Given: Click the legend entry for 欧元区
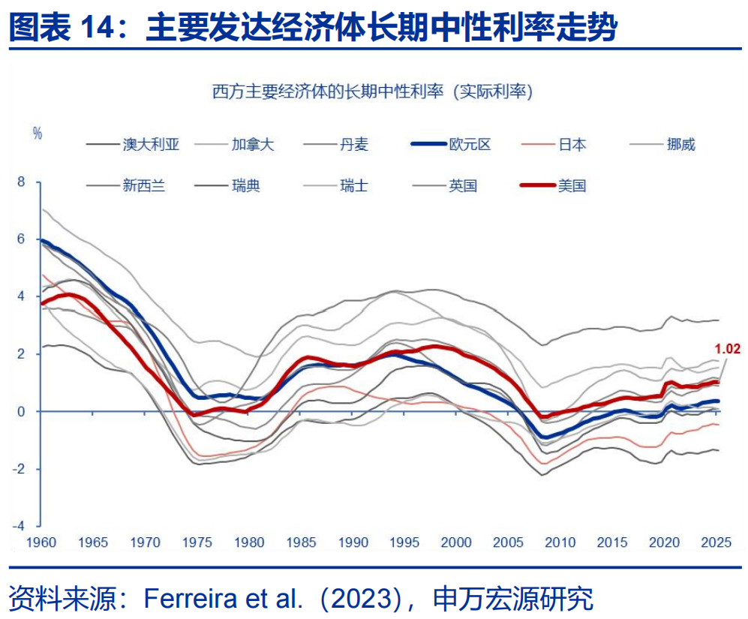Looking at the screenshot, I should (469, 145).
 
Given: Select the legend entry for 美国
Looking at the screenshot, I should (571, 185).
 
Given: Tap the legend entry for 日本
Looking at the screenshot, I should (572, 145).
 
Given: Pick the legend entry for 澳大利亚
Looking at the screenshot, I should (151, 145).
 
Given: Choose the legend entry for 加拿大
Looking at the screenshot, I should (253, 145).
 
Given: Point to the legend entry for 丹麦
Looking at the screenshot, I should (354, 145).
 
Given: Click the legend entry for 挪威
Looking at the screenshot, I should (680, 145).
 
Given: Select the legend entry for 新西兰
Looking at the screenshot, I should (143, 185).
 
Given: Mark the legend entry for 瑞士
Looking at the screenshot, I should (354, 185).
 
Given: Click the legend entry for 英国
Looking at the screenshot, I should (463, 185).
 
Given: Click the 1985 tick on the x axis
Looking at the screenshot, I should (302, 542).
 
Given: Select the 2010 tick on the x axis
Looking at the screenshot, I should (560, 542).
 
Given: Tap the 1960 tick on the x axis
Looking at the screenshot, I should (42, 542).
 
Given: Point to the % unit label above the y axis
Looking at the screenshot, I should (38, 133).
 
